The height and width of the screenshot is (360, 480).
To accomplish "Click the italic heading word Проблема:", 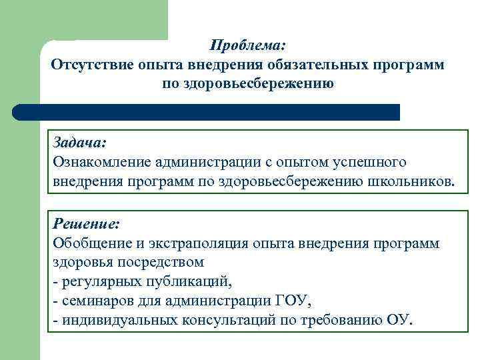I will point(247,46).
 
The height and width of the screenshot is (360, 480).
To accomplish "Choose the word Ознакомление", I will point(101,162).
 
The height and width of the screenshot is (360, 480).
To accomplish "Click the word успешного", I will point(369,162).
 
